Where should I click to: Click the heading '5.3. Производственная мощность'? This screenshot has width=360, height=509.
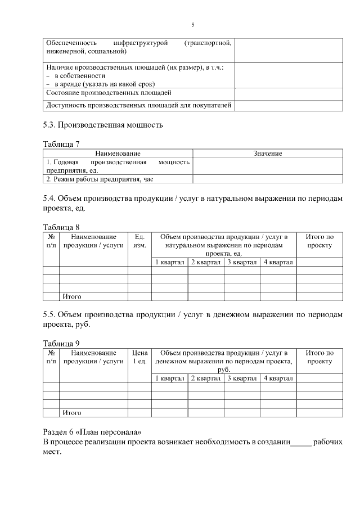103,124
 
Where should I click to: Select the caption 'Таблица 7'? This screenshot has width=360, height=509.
61,144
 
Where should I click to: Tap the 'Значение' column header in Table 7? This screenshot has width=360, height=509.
267,153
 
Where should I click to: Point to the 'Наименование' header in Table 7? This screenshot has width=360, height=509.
118,153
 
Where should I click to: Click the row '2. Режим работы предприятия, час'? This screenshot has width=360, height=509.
100,179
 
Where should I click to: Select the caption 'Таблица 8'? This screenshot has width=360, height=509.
61,227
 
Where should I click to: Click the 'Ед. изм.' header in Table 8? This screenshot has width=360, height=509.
139,241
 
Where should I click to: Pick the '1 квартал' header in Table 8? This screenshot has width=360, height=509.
169,262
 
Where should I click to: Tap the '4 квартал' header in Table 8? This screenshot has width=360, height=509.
278,262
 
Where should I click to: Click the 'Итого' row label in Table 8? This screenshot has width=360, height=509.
72,296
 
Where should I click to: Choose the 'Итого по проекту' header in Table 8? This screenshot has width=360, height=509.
319,241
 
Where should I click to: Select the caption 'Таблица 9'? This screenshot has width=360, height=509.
61,343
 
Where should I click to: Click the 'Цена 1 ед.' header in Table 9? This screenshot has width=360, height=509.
139,357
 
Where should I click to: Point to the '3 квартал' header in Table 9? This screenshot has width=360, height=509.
242,378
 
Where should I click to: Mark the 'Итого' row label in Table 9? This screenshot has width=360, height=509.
72,412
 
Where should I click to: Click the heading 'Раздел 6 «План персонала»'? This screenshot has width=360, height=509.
92,432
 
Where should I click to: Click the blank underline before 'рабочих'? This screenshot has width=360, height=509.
301,443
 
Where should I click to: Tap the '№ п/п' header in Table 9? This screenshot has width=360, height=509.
51,357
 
